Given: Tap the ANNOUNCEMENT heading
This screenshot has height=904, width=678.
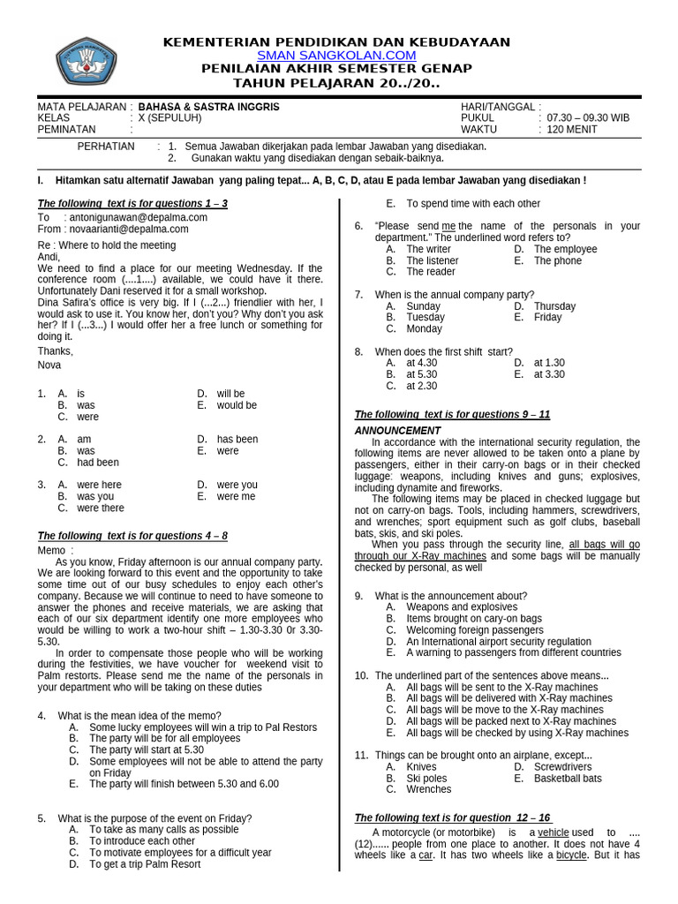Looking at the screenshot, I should [x=397, y=431].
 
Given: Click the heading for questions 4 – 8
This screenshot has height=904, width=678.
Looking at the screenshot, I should [x=132, y=536].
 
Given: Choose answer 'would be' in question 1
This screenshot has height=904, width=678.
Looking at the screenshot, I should [x=237, y=405].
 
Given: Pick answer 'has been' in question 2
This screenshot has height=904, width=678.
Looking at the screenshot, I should [x=237, y=439].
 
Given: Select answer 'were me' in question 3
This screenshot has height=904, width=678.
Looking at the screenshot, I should [x=236, y=496].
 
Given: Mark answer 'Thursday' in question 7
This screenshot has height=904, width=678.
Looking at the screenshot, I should [x=554, y=306].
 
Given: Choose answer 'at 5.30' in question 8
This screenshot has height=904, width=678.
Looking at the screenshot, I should [x=421, y=374].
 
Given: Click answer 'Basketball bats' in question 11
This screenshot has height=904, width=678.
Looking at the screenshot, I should [x=568, y=779].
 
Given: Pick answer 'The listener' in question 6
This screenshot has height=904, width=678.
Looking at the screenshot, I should [x=432, y=260].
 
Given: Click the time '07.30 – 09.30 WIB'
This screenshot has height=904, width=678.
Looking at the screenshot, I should [x=588, y=117].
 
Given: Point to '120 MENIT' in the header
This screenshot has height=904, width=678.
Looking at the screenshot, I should [x=572, y=129].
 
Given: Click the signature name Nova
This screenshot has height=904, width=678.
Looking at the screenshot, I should [x=50, y=365].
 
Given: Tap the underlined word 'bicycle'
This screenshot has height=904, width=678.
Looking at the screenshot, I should [x=571, y=855].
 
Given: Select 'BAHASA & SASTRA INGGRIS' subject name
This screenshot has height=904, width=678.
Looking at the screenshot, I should [x=215, y=106].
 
